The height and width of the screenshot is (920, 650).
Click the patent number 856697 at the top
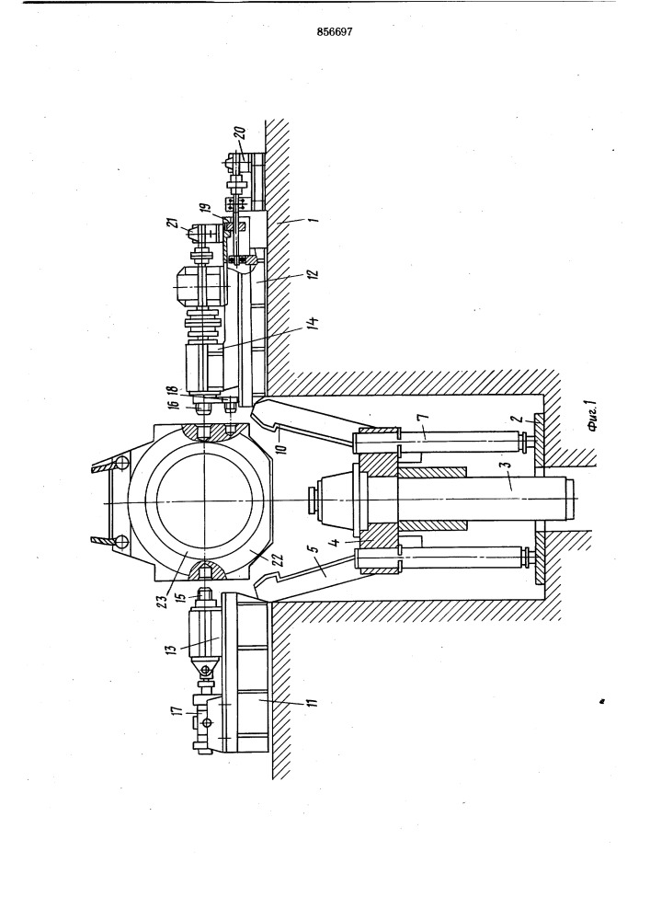tap(334, 33)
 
